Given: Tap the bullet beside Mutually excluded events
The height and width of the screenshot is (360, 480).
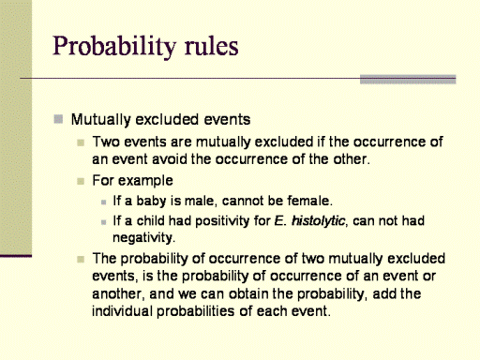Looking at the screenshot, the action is (58, 119).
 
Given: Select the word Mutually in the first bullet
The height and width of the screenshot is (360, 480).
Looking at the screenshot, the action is (100, 120).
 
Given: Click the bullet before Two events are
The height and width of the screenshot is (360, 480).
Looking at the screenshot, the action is (81, 143).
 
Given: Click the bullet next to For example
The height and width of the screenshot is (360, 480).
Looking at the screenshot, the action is (81, 182).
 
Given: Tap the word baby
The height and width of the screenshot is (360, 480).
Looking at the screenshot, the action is (151, 201).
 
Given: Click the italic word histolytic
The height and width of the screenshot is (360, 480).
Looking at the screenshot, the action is (319, 221).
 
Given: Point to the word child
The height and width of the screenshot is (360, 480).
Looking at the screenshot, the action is (151, 220).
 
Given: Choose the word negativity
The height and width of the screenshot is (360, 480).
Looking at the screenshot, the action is (142, 238).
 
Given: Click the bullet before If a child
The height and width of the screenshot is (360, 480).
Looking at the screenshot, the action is (104, 222).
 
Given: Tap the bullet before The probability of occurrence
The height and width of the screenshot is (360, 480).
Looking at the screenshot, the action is (81, 260).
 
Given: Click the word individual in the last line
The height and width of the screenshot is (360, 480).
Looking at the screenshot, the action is (122, 311).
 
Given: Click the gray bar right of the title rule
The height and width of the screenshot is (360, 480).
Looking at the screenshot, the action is (408, 80).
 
